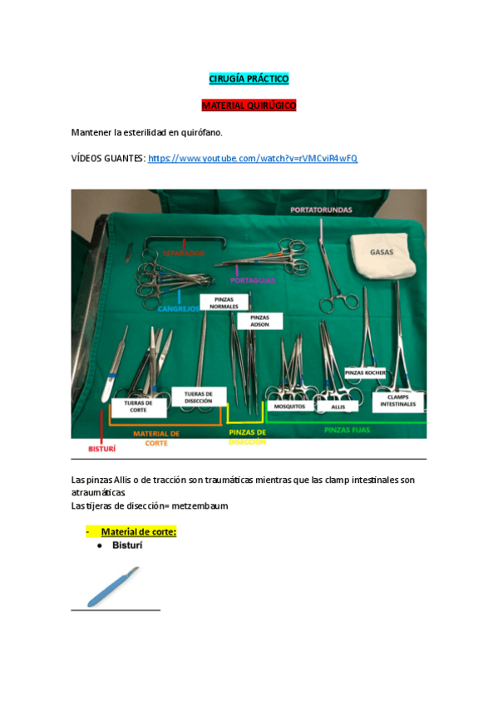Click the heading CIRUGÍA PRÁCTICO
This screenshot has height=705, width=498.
pos(249,79)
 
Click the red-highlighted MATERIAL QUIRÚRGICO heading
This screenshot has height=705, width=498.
pos(249,106)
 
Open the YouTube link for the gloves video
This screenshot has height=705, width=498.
pos(252,158)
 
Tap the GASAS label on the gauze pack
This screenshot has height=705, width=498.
pos(382,250)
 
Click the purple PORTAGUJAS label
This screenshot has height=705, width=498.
pos(253,281)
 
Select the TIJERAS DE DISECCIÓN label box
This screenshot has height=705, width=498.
pos(198,397)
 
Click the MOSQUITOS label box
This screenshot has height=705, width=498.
pos(289,407)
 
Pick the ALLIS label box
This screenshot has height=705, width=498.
pos(338,407)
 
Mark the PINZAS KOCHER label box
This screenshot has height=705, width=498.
pos(365,373)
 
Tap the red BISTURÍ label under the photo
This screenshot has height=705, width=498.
pos(101,448)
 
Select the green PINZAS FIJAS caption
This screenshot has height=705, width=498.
pos(347,430)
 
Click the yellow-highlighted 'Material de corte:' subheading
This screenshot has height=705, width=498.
pos(138,532)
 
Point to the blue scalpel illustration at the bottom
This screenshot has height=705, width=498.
pos(114,586)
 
